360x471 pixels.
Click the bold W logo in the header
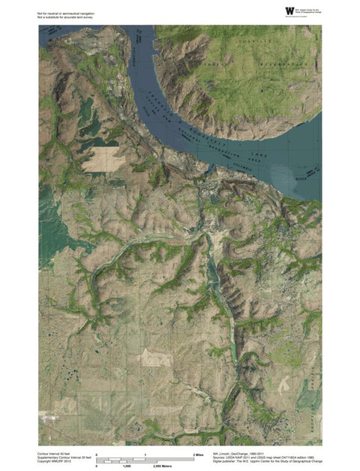click(289, 10)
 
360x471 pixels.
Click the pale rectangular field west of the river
click(100, 160)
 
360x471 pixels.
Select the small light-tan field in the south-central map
click(157, 359)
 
